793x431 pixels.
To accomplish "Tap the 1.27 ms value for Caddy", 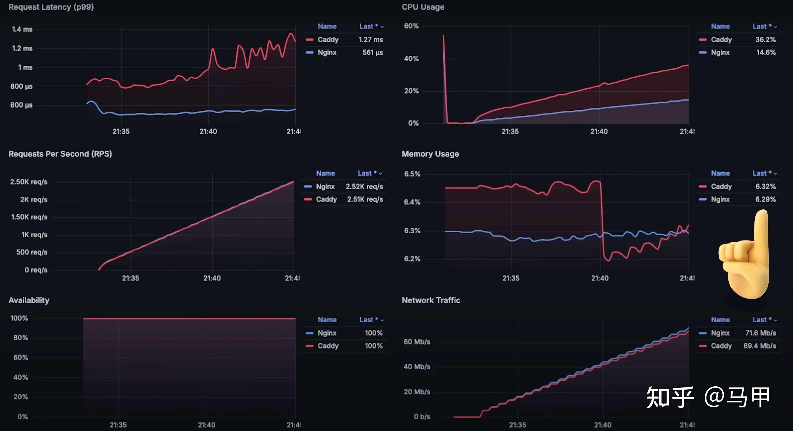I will coord(371,39).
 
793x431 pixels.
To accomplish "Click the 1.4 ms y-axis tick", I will coord(22,29).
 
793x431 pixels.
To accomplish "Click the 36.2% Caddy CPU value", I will coord(765,39).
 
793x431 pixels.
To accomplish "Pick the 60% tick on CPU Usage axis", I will coord(411,26).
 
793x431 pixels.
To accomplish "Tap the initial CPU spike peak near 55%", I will coord(443,36).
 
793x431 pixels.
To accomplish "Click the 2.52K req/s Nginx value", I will coord(364,186).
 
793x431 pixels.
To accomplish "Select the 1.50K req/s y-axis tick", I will coord(29,217).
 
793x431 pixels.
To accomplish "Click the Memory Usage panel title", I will coord(430,154).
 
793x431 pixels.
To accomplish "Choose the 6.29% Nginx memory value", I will coord(765,199).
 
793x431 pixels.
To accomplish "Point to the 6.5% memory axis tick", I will coord(412,174).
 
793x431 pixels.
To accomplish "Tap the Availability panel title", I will coord(29,300).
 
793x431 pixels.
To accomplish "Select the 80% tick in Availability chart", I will coord(21,338).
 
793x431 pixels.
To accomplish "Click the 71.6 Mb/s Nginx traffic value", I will coord(760,333).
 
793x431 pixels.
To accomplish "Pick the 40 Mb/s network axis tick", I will coord(417,367).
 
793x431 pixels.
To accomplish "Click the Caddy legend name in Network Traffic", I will coord(721,346).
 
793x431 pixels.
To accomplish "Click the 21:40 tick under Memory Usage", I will coord(599,278).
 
